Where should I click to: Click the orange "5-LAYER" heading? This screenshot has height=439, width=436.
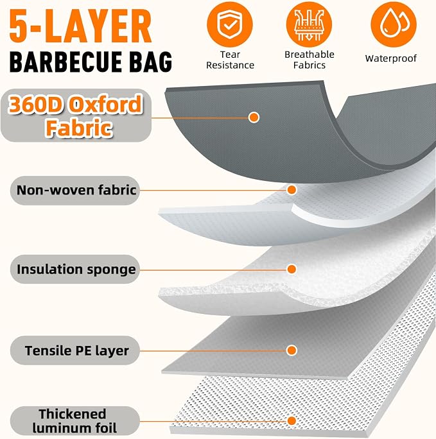pos(80,26)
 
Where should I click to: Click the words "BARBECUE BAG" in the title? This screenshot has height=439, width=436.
pos(91,62)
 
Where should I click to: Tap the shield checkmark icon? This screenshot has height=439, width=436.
pos(230,24)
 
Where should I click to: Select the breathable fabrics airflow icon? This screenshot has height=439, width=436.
pos(309,24)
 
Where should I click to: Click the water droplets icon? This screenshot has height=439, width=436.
pos(394,24)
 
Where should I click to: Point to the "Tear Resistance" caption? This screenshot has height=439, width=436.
pos(230,60)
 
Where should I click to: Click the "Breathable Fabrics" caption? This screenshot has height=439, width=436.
pos(310,60)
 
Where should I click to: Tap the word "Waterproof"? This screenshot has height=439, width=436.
pos(391,58)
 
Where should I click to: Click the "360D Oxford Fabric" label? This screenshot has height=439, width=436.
pos(76,116)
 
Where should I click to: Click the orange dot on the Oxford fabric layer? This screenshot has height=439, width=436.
pos(254,117)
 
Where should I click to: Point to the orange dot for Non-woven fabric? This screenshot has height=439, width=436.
pos(292,190)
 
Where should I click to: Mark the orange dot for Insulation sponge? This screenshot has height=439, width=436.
pos(292,269)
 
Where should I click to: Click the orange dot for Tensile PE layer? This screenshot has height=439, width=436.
pos(292,350)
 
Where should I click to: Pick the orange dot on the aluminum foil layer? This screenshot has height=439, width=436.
pos(292,420)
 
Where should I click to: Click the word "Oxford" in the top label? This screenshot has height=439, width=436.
pos(105,104)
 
